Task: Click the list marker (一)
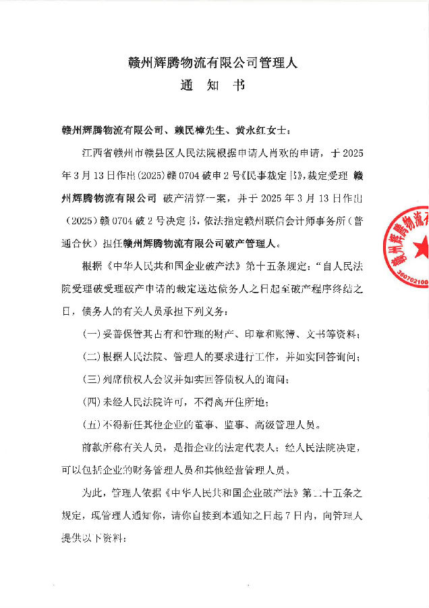click(90, 336)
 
